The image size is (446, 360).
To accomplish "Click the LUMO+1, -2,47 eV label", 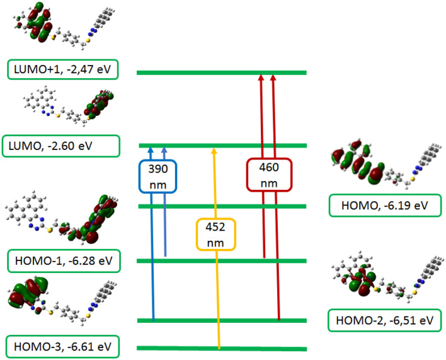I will tap(64, 69).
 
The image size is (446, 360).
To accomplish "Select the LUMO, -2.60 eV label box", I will tap(60, 146).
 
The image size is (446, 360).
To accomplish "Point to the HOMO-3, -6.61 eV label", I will tap(64, 345).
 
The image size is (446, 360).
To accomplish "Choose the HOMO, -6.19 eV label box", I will tap(385, 206).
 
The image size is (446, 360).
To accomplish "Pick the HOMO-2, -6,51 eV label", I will tap(384, 321).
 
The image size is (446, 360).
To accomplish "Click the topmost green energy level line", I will tap(221, 73).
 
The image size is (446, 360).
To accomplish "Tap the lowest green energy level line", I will tap(221, 348).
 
